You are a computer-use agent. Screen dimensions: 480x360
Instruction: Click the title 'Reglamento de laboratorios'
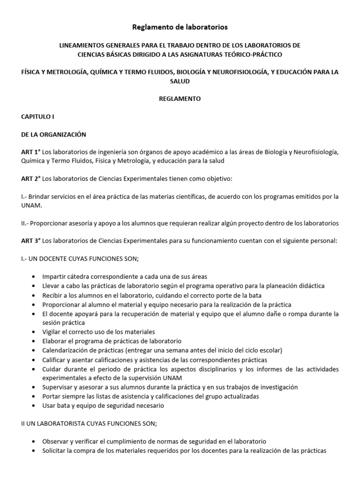click(x=180, y=27)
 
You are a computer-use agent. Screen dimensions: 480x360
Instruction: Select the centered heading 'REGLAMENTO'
click(x=180, y=99)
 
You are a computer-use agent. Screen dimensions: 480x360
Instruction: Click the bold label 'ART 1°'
click(x=31, y=152)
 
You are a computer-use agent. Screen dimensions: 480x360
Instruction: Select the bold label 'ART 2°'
click(x=31, y=178)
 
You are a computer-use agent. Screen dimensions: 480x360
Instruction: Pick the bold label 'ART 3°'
click(x=31, y=240)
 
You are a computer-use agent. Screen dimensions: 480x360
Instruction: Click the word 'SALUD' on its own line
click(x=180, y=81)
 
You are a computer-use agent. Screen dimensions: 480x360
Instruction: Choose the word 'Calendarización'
click(x=64, y=350)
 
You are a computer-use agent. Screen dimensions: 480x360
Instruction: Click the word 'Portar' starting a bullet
click(x=51, y=396)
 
